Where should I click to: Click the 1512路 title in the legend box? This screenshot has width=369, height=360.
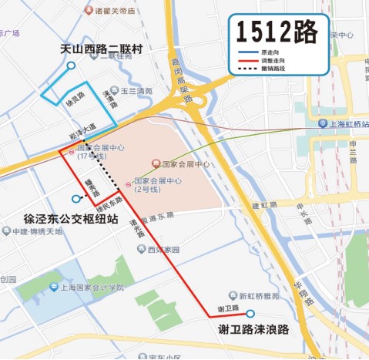(x=277, y=33)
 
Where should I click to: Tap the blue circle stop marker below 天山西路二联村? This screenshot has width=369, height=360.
(x=72, y=66)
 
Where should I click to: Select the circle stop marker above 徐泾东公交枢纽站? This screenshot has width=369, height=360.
(x=75, y=198)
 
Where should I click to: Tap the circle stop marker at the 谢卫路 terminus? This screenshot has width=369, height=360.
(x=250, y=313)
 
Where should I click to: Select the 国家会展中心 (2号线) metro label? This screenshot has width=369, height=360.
(x=157, y=184)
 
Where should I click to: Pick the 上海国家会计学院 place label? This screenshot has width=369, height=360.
(x=91, y=288)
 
